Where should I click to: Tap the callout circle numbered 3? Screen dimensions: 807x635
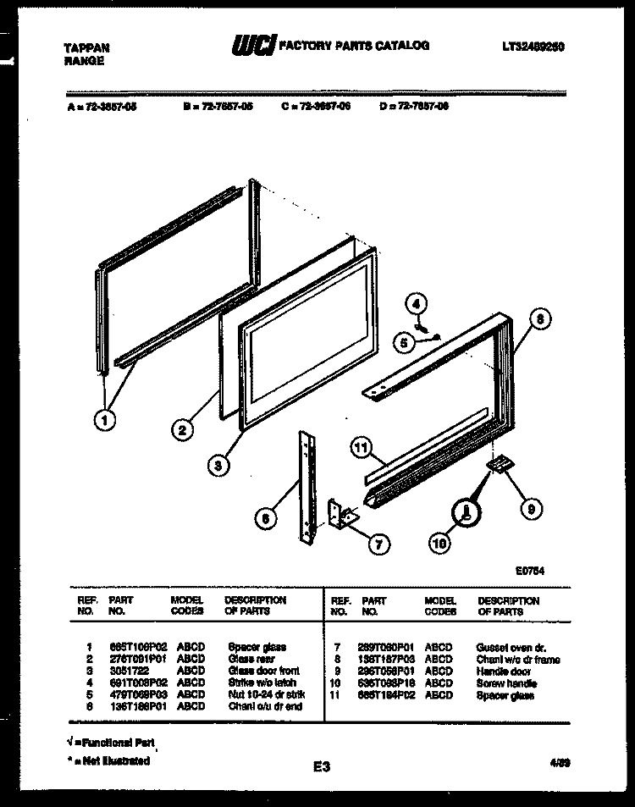tap(218, 464)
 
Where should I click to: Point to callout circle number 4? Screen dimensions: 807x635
tap(416, 302)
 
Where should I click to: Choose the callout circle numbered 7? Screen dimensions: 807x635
tap(378, 543)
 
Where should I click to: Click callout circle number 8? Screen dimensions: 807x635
tap(540, 320)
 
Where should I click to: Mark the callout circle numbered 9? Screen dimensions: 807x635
tap(531, 509)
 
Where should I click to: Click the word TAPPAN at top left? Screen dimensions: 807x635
tap(86, 48)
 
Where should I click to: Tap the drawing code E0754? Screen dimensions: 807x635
tap(529, 571)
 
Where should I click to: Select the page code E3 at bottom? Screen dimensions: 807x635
tap(321, 767)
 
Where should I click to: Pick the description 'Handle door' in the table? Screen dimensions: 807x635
tap(503, 672)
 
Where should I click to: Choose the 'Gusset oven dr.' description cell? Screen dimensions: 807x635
tap(511, 647)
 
